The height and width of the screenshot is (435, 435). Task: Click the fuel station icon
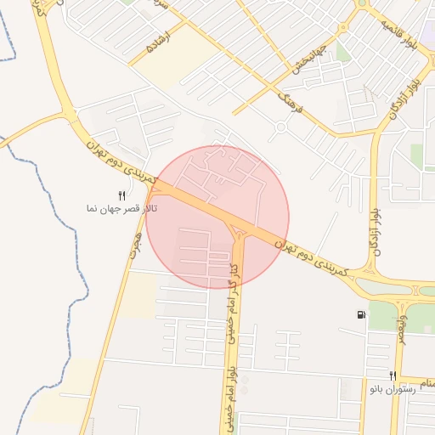click(x=362, y=314)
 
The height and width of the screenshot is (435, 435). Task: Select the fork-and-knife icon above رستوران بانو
click(x=392, y=376)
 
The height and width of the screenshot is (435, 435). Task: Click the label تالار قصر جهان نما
click(x=115, y=208)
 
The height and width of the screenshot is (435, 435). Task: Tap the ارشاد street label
click(x=159, y=43)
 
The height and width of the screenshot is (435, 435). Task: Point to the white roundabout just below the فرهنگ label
click(x=281, y=128)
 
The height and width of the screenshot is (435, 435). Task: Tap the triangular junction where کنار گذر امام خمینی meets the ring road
click(x=239, y=230)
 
